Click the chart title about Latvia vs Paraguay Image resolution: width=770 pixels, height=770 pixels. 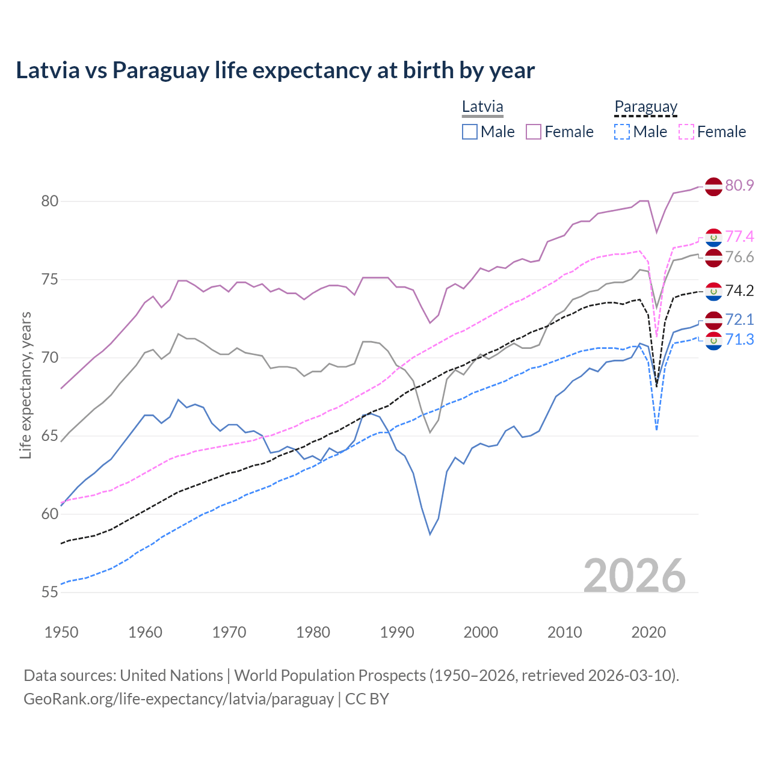click(275, 70)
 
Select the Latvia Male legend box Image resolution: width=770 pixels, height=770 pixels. click(470, 132)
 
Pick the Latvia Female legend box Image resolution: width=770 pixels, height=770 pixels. click(534, 132)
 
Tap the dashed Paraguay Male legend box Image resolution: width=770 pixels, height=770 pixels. click(622, 132)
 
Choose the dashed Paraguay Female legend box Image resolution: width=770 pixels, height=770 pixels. click(686, 132)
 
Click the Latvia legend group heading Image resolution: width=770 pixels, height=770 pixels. click(482, 107)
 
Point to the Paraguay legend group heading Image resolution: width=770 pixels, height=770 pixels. click(645, 107)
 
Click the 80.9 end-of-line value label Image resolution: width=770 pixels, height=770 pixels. click(739, 185)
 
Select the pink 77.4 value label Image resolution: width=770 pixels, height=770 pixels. click(739, 236)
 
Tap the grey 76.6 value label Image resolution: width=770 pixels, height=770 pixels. click(739, 257)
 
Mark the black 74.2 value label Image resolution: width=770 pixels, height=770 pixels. click(739, 291)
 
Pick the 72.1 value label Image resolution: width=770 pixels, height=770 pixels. click(739, 319)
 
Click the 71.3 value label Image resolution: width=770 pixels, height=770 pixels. click(739, 340)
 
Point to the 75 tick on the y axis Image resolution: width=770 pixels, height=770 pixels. click(50, 280)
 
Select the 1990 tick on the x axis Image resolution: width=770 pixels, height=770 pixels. click(397, 632)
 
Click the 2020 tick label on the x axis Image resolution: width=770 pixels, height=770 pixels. click(648, 632)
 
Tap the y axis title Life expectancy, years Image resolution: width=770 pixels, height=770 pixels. click(25, 385)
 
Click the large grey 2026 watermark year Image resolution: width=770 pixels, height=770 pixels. click(635, 576)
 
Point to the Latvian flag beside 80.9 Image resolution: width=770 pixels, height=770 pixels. click(713, 186)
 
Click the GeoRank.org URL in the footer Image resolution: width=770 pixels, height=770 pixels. click(178, 699)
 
